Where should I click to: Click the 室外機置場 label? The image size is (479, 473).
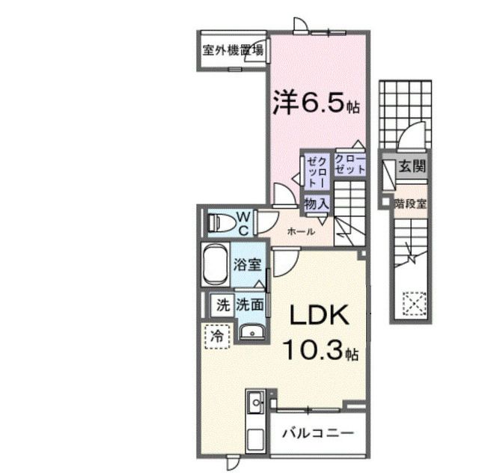(233, 50)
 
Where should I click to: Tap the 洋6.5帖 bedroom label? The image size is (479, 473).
(317, 102)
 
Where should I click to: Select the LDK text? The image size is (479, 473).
(320, 315)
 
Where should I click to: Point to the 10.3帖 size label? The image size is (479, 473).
(321, 350)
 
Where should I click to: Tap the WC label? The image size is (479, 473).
(244, 224)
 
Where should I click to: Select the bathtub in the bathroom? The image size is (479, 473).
(216, 264)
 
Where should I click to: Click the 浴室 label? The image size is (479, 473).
(248, 265)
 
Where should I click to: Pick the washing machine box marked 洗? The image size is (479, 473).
(222, 305)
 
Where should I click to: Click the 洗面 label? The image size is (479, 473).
(250, 305)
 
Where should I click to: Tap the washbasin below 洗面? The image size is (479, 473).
(252, 332)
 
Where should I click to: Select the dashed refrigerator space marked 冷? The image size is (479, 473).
(217, 337)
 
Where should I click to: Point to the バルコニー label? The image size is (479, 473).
(317, 433)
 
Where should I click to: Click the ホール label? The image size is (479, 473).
(301, 231)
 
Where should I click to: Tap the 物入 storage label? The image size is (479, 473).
(317, 204)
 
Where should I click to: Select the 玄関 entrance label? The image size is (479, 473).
(412, 167)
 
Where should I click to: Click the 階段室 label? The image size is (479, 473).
(410, 204)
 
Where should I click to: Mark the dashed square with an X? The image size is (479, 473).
(414, 304)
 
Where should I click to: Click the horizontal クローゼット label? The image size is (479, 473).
(350, 165)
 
